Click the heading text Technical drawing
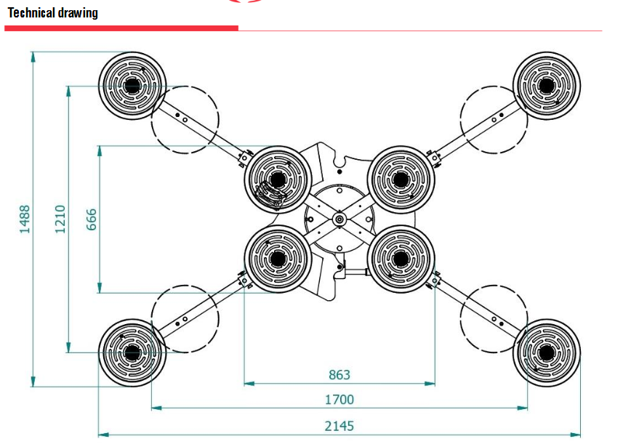coord(52,13)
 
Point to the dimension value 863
coord(339,375)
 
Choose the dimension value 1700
coord(339,400)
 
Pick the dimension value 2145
coord(339,427)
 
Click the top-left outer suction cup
coord(132,86)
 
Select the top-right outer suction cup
coord(547,86)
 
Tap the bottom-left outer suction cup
coord(132,353)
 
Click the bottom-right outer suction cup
coord(547,353)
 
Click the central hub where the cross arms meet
coord(339,219)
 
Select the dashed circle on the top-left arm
coord(185,119)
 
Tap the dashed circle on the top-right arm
coord(494,119)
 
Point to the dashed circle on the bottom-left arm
coord(185,320)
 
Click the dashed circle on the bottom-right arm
coord(494,320)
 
